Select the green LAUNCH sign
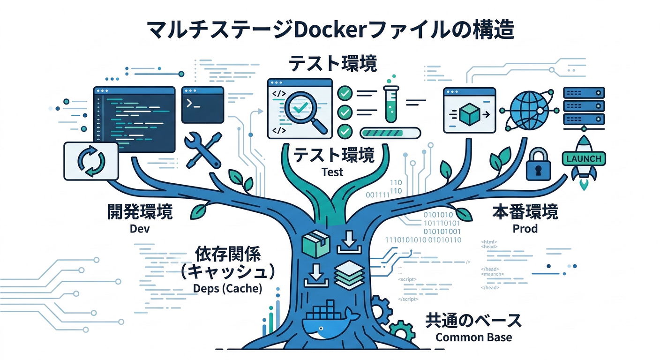point(584,158)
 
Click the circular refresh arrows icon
point(90,161)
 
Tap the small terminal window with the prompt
point(202,105)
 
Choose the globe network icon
point(526,111)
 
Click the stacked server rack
point(584,107)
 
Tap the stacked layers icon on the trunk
point(349,275)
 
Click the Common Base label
point(473,337)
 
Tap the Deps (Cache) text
point(227,288)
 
